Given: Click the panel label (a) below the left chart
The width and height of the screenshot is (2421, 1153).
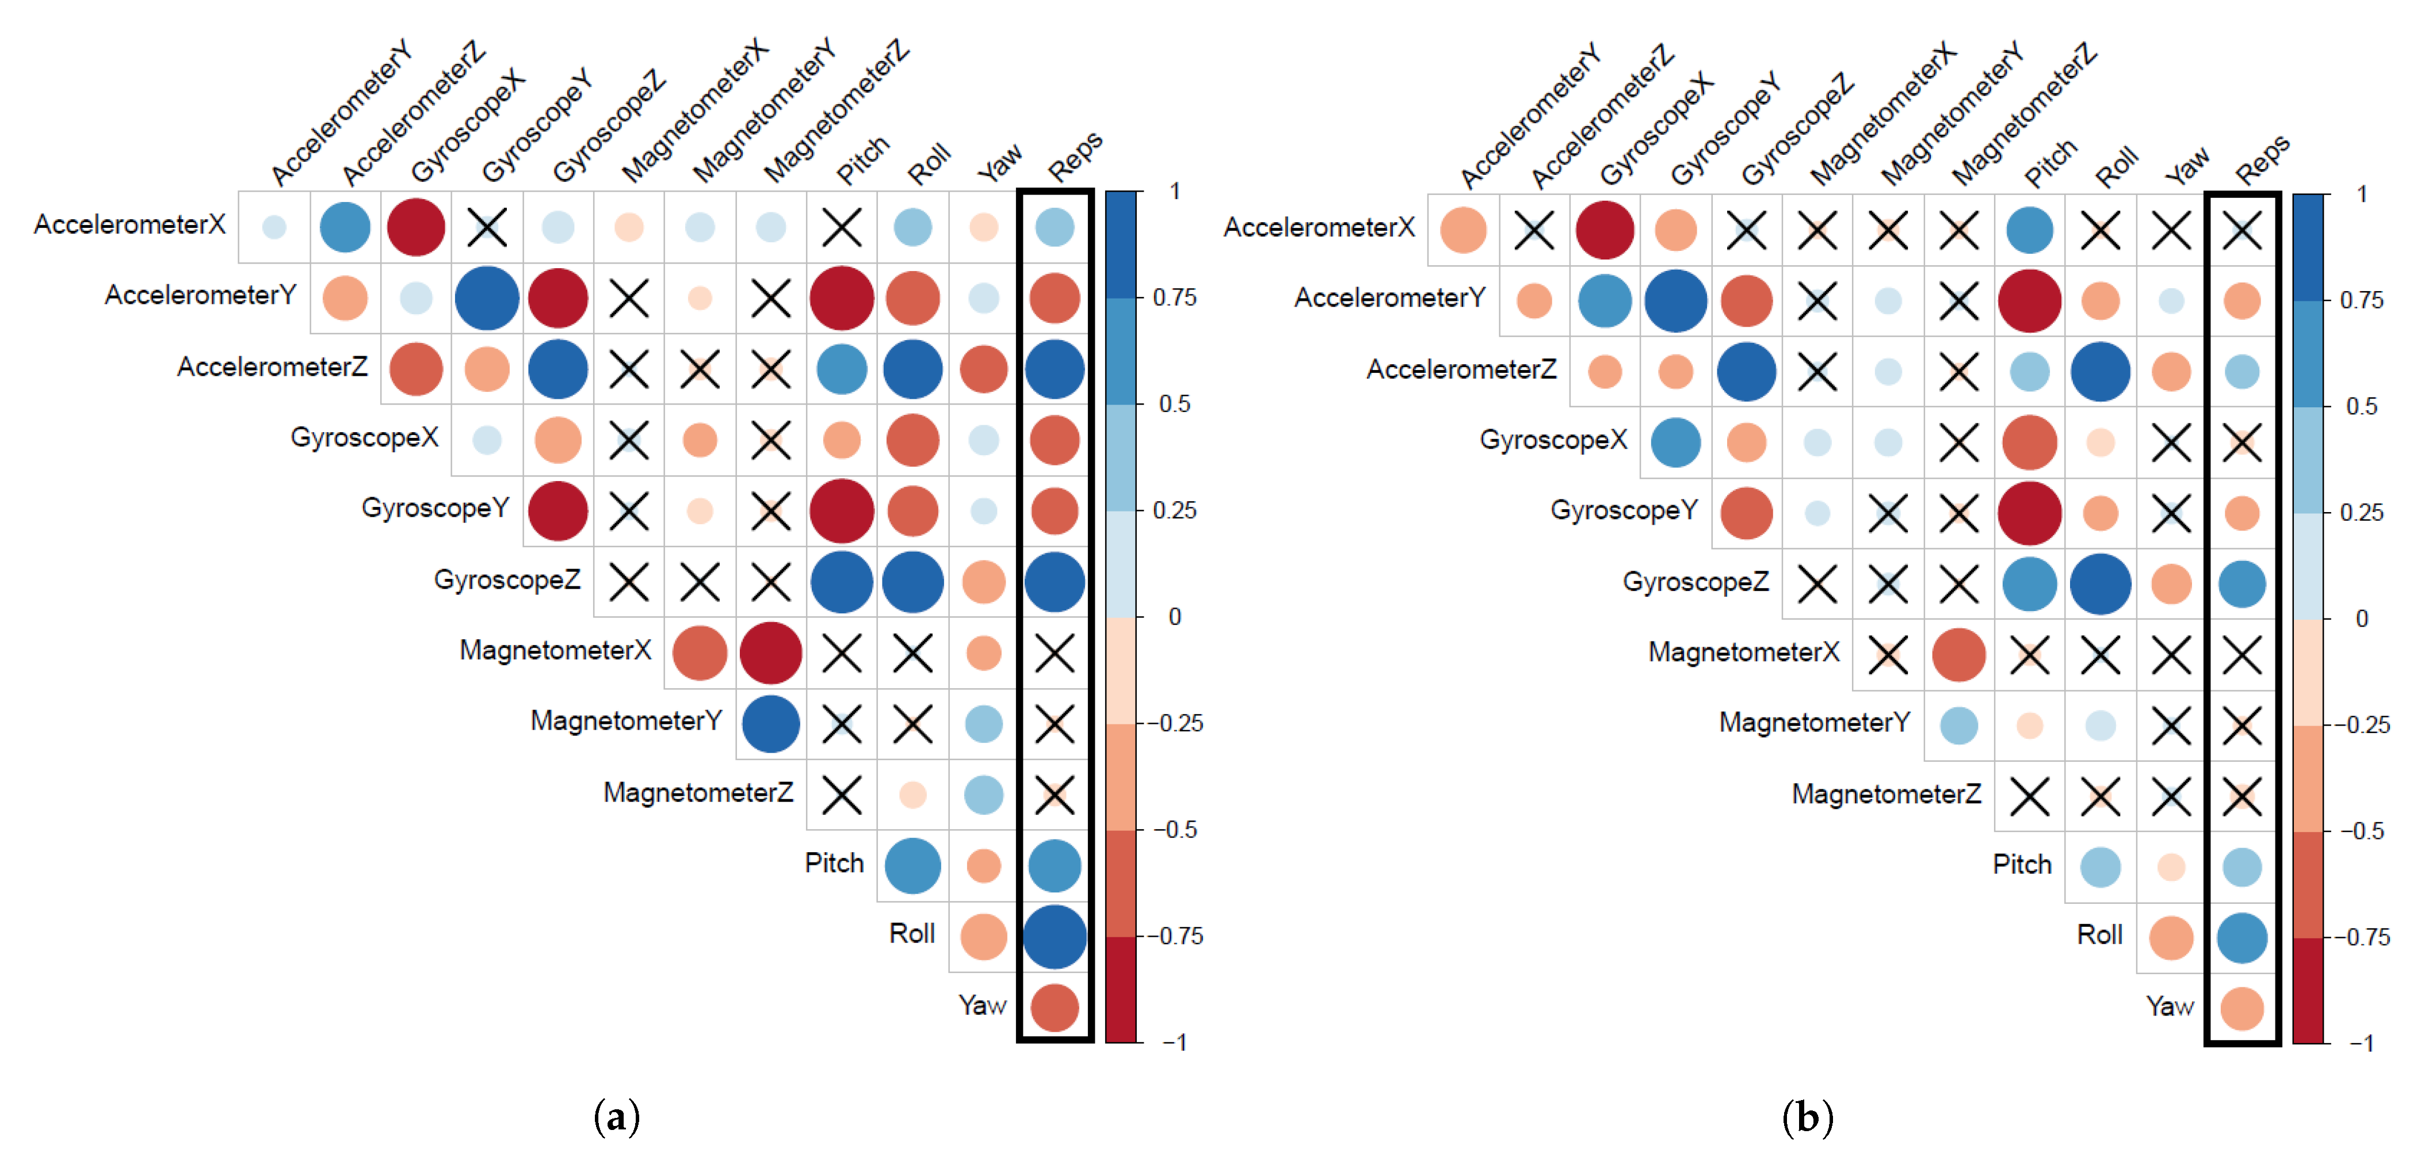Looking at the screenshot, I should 617,1117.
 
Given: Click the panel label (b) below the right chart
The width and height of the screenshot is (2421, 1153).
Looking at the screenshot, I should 1807,1117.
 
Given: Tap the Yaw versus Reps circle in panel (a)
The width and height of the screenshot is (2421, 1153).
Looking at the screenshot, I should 1055,1007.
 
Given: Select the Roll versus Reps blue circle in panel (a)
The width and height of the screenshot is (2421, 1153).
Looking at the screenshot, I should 1055,937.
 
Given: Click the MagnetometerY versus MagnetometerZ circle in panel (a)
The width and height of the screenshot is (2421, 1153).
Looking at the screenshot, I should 771,724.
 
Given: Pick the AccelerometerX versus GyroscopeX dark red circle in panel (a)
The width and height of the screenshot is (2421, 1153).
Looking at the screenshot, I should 417,227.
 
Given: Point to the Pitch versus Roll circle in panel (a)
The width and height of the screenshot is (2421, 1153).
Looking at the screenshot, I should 912,865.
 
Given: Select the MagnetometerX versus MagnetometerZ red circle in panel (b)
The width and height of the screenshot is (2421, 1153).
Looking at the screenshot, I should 1958,655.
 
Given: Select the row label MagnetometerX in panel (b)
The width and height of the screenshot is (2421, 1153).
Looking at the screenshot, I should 1743,652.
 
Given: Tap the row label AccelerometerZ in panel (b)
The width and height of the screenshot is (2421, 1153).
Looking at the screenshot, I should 1461,369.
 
